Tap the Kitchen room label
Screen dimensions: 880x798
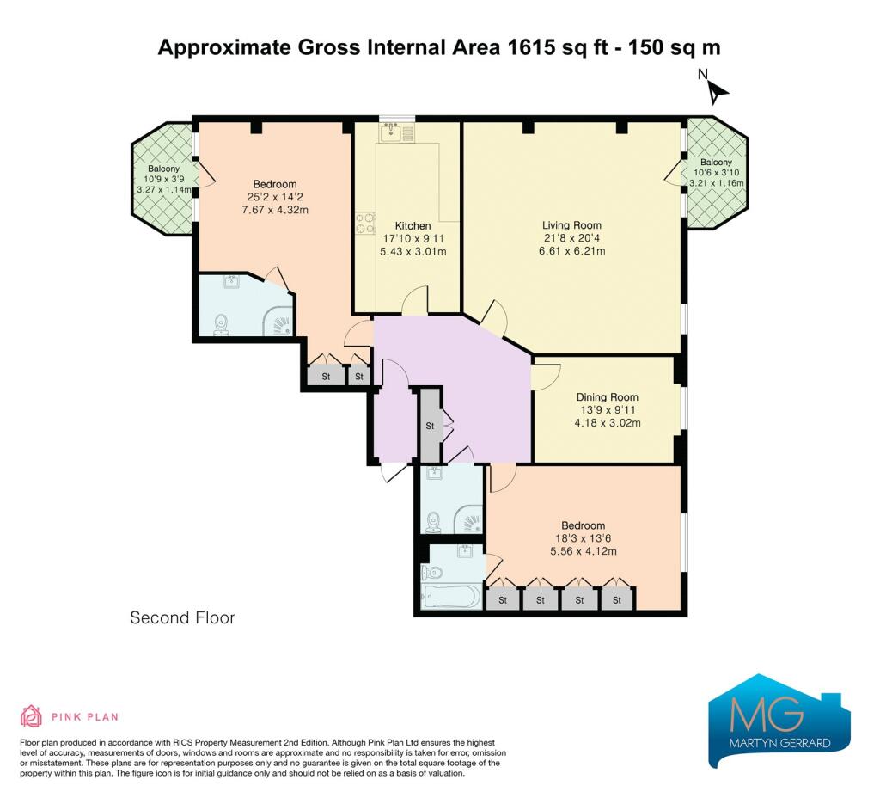pos(413,226)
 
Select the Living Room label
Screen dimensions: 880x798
pos(571,225)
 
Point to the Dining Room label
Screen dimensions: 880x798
pos(608,397)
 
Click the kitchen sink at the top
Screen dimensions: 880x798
pos(396,132)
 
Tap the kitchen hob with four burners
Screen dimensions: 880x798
pos(365,223)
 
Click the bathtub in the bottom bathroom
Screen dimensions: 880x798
pos(450,597)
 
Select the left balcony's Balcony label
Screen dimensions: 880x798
pos(163,169)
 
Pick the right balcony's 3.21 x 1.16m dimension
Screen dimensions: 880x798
pos(717,183)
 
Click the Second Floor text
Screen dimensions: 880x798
pos(182,617)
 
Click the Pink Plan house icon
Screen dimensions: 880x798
pos(32,716)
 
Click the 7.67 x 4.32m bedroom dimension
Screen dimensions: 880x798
pos(275,210)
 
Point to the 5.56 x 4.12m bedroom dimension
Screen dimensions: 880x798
pos(584,551)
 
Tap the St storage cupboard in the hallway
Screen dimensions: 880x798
pos(431,425)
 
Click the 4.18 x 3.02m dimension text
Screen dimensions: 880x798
pos(608,423)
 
